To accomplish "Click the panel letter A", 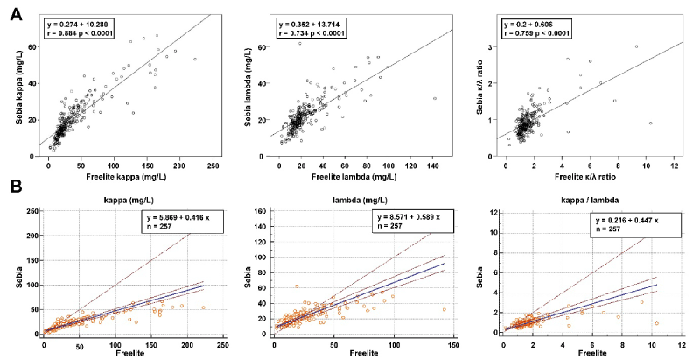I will (x=16, y=15).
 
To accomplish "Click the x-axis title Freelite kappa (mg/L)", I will (x=122, y=178).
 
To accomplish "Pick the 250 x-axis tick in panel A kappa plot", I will (x=212, y=166).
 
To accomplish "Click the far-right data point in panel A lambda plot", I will (x=434, y=99).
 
